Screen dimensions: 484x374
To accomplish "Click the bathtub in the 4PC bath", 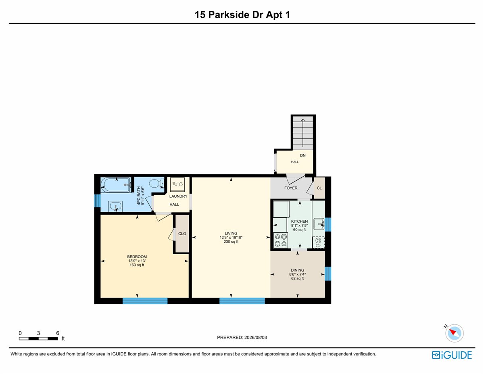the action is pyautogui.click(x=116, y=185).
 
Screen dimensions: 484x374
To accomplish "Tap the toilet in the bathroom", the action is pyautogui.click(x=156, y=184).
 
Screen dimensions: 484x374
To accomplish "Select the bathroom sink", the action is pyautogui.click(x=115, y=207).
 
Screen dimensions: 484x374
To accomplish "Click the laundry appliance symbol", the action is pyautogui.click(x=177, y=184).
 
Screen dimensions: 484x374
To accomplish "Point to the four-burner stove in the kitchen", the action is pyautogui.click(x=281, y=240).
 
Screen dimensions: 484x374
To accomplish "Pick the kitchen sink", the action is pyautogui.click(x=319, y=224).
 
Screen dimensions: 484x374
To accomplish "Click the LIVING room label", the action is pyautogui.click(x=231, y=234).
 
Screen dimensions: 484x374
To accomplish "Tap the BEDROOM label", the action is pyautogui.click(x=137, y=257).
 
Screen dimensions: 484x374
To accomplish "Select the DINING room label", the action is pyautogui.click(x=297, y=270).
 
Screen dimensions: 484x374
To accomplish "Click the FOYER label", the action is pyautogui.click(x=291, y=188).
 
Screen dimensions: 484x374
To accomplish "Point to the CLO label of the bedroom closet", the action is pyautogui.click(x=182, y=234).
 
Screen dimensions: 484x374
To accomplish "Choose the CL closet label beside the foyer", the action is pyautogui.click(x=319, y=188).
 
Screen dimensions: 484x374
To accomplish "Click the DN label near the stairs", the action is pyautogui.click(x=302, y=155).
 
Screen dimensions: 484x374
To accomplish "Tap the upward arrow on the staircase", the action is pyautogui.click(x=302, y=133).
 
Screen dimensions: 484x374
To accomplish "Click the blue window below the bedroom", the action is pyautogui.click(x=145, y=301).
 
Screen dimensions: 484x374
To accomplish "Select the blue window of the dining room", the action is pyautogui.click(x=328, y=274).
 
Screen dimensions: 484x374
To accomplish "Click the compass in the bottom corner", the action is pyautogui.click(x=455, y=333).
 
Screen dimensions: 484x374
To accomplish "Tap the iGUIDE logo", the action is pyautogui.click(x=452, y=355).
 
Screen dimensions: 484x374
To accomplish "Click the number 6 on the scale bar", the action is pyautogui.click(x=57, y=333).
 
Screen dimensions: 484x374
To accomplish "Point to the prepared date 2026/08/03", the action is pyautogui.click(x=255, y=337).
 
